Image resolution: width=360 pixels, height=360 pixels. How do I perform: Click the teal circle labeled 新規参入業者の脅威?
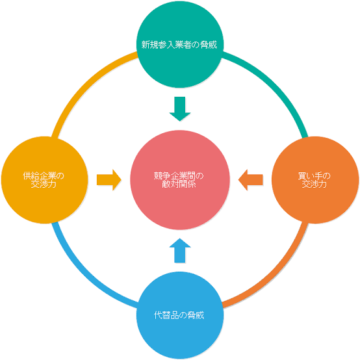[180, 44]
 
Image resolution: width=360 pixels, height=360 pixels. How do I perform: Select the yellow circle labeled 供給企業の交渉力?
[45, 180]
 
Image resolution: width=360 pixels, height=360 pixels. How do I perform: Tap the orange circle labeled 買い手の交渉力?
[315, 180]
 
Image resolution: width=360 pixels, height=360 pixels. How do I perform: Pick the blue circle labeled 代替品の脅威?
[180, 315]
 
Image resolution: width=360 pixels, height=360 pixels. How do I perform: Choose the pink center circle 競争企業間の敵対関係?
[180, 180]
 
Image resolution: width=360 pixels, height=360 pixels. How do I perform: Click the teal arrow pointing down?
[180, 109]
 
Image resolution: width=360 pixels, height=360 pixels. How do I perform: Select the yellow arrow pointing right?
[109, 180]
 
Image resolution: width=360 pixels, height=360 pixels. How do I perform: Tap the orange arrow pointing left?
[250, 180]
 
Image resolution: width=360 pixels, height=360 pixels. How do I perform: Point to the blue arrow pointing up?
[180, 250]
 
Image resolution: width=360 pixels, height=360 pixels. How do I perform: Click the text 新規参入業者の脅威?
[179, 45]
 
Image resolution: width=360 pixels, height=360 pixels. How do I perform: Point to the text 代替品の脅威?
[179, 315]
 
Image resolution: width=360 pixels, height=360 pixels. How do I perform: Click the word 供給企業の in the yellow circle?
[44, 176]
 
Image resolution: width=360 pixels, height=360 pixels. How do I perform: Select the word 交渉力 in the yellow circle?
[44, 184]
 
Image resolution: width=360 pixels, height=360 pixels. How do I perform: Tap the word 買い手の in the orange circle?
[314, 176]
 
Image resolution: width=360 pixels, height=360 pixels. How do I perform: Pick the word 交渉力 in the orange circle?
[315, 184]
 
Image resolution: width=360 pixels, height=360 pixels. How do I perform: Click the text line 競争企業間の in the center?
[179, 176]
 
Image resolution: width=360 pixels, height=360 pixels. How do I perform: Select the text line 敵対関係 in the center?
[179, 184]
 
